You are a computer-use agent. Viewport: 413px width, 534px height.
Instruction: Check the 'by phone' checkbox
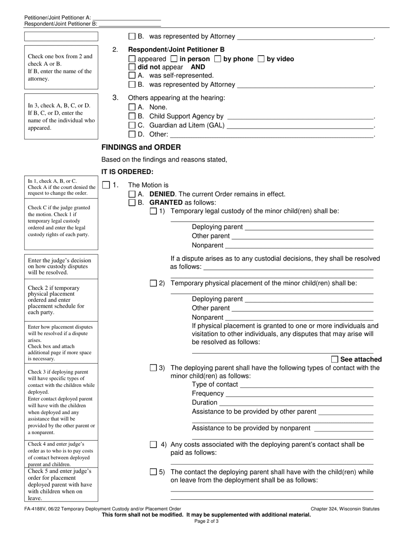pyautogui.click(x=218, y=59)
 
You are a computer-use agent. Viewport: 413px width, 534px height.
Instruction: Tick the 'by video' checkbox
pyautogui.click(x=261, y=59)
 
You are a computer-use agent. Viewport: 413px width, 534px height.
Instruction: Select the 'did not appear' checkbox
pyautogui.click(x=132, y=67)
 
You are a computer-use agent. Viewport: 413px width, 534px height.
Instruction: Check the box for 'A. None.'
pyautogui.click(x=132, y=107)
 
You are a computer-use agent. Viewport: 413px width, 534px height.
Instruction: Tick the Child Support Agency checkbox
pyautogui.click(x=132, y=116)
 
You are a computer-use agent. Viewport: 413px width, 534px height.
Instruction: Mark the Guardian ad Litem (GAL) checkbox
pyautogui.click(x=132, y=125)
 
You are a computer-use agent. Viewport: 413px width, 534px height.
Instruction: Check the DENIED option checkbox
pyautogui.click(x=132, y=194)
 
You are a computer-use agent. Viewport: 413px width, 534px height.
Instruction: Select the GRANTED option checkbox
pyautogui.click(x=132, y=203)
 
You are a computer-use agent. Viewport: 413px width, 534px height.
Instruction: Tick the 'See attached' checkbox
pyautogui.click(x=334, y=359)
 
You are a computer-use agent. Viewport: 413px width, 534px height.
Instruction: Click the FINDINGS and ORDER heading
pyautogui.click(x=141, y=147)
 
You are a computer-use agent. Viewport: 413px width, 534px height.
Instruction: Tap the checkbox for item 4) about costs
pyautogui.click(x=153, y=445)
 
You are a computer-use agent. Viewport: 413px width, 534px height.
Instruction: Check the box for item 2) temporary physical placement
pyautogui.click(x=153, y=283)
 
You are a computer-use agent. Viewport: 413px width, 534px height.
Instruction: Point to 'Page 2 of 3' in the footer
pyautogui.click(x=206, y=521)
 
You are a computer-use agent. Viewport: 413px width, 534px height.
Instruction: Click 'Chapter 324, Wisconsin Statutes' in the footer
pyautogui.click(x=345, y=509)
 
